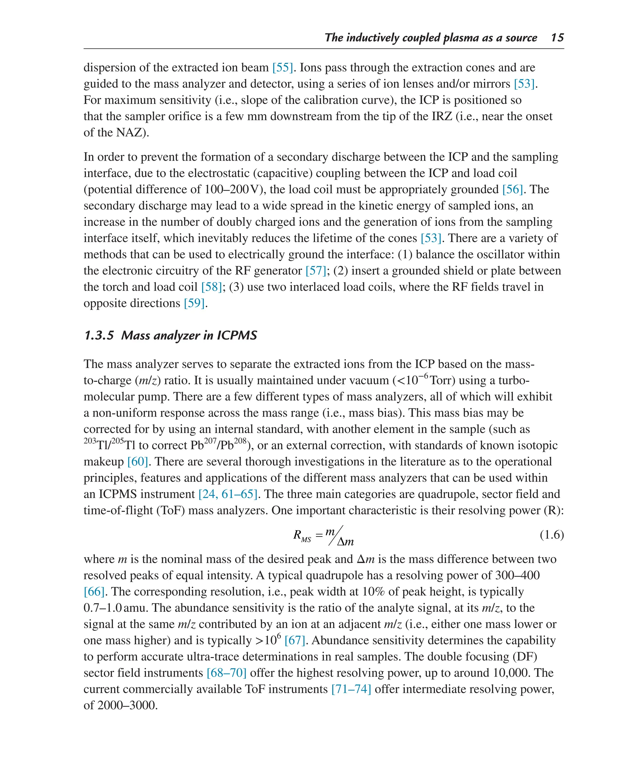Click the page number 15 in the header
557,38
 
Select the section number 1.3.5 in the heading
99,335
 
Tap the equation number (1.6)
551,534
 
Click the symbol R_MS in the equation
302,536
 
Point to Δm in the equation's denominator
345,542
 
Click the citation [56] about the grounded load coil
512,189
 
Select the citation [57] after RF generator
316,271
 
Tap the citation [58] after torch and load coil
211,287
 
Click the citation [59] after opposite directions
194,303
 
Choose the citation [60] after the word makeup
137,461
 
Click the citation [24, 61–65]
228,494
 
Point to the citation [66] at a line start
94,592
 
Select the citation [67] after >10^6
295,640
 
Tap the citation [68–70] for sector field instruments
227,673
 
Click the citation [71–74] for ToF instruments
351,689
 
